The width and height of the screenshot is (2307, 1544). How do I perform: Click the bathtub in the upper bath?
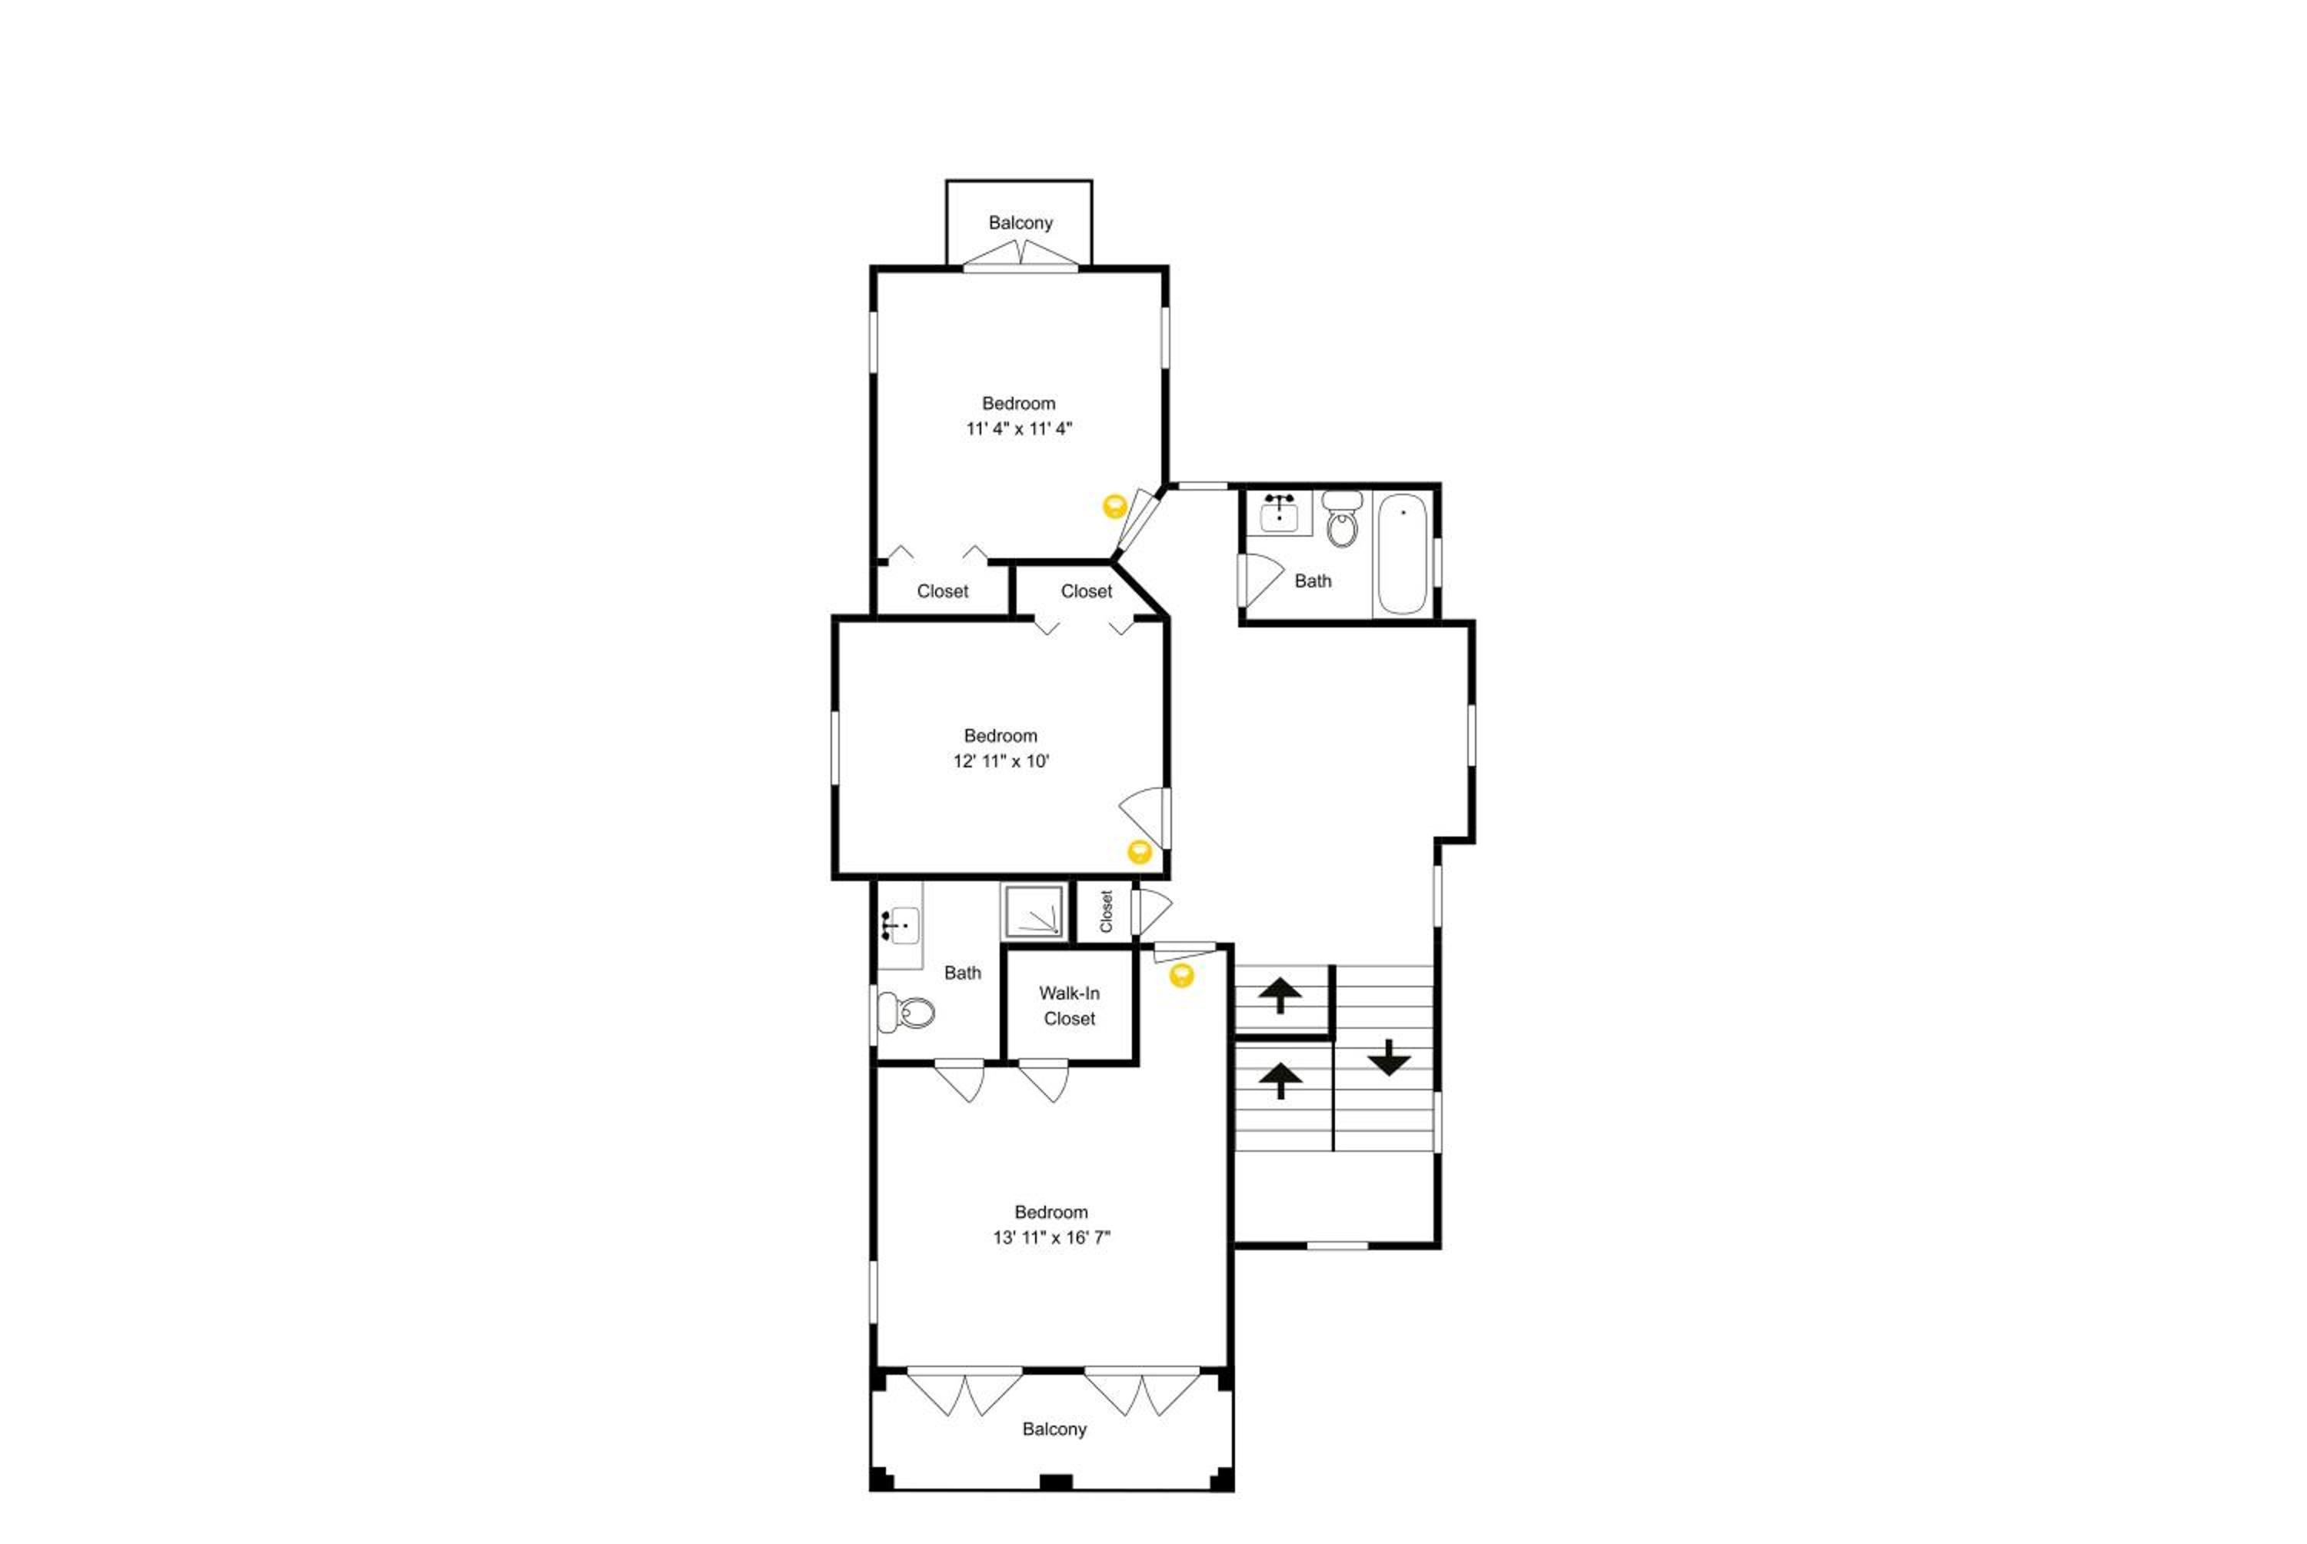point(1401,554)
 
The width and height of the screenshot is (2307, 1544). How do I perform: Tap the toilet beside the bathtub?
point(1341,520)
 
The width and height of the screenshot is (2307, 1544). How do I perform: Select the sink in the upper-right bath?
point(1278,513)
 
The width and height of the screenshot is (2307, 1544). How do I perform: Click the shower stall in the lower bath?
point(1033,911)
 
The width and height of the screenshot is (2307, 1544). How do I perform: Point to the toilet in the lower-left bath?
point(904,1011)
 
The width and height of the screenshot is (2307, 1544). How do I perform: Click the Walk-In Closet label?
point(1070,1006)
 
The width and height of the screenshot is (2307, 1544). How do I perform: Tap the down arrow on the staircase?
point(1388,1057)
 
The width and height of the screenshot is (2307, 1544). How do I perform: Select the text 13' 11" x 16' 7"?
point(1050,1238)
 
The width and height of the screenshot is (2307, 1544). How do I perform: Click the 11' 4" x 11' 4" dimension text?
point(1019,428)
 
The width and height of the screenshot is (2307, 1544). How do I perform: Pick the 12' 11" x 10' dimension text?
point(1000,761)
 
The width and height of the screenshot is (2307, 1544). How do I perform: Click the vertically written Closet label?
point(1106,911)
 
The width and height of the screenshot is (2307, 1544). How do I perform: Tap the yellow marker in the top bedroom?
point(1114,506)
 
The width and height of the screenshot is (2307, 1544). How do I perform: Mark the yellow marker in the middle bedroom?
point(1139,852)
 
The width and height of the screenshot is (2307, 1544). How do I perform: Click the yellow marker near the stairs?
point(1181,976)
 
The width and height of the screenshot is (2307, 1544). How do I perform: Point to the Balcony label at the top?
point(1020,222)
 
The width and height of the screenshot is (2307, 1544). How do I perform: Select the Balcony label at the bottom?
point(1054,1429)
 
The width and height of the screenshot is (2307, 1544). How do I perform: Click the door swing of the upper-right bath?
point(1261,580)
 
